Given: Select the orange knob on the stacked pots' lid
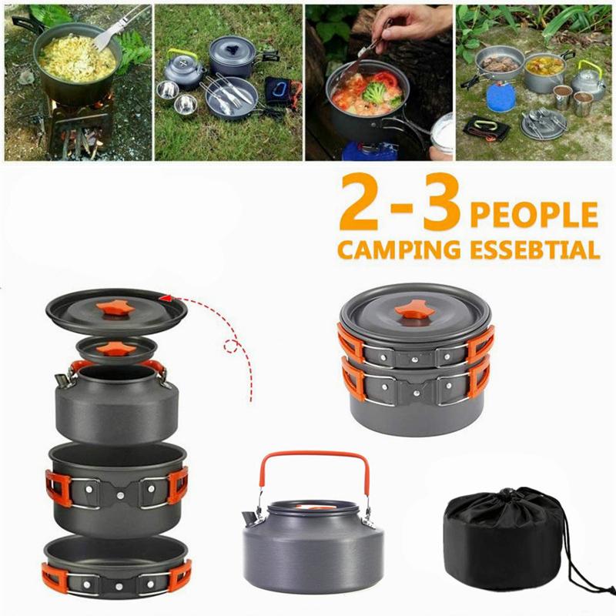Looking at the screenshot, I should point(414,310).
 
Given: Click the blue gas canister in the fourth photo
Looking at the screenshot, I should point(500,97).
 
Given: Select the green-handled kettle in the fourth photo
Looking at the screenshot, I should point(588,81).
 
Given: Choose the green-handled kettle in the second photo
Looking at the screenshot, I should point(183,69).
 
